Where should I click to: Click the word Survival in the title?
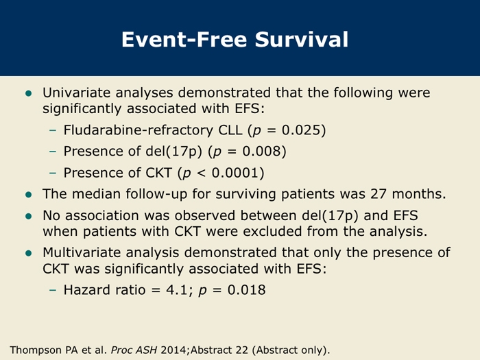click(x=302, y=39)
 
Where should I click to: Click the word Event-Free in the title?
click(x=184, y=39)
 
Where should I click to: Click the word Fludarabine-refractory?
click(x=138, y=130)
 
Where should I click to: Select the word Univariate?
click(x=77, y=93)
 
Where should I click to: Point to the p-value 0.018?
click(x=246, y=289)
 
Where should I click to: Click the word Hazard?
click(x=83, y=289)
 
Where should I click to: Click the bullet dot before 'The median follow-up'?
click(x=29, y=195)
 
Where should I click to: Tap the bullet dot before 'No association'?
click(x=29, y=216)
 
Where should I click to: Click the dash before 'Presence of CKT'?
click(x=53, y=173)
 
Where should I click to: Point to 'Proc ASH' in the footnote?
click(x=134, y=350)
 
